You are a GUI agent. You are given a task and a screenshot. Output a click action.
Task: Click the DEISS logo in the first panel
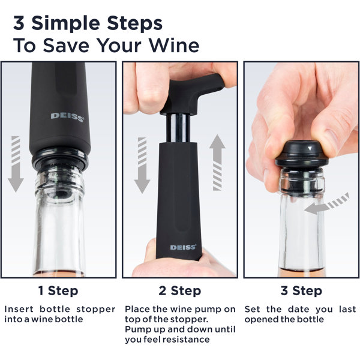click(x=67, y=117)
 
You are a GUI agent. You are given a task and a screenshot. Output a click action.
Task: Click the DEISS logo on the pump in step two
click(x=183, y=247)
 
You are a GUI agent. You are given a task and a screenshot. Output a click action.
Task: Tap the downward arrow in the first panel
click(x=16, y=164)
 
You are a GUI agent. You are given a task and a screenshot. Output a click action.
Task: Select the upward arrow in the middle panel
click(x=217, y=163)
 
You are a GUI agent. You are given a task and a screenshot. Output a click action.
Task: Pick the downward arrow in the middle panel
click(x=142, y=166)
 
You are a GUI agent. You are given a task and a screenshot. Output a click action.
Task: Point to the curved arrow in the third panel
click(x=326, y=205)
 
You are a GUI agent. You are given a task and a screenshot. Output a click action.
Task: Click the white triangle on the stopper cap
click(x=310, y=148)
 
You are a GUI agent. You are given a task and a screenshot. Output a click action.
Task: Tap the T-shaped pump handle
click(x=192, y=94)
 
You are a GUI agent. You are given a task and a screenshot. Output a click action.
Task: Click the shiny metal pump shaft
click(x=178, y=128)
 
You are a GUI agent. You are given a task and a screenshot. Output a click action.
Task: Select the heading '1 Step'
click(x=58, y=291)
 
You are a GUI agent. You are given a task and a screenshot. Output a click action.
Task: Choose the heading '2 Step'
click(x=180, y=291)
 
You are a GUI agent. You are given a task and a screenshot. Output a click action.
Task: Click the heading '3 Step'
click(x=301, y=291)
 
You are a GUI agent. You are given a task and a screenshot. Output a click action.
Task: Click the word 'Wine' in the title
click(x=174, y=45)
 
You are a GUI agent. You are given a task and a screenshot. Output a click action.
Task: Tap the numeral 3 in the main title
click(x=19, y=23)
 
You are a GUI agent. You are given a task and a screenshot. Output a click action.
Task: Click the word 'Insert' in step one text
click(x=19, y=309)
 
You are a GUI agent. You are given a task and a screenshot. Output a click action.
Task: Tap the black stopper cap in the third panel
click(x=302, y=154)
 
